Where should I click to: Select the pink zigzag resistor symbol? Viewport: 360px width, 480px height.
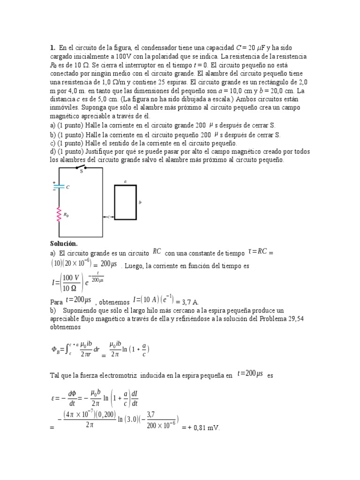click(59, 215)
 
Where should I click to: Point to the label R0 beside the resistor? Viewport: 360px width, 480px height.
click(67, 215)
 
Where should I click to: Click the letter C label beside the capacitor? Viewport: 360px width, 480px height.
click(67, 187)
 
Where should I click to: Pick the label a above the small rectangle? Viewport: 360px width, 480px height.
click(125, 180)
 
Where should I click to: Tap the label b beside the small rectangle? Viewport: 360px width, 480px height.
click(140, 202)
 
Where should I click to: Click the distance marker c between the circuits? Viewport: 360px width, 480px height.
click(108, 217)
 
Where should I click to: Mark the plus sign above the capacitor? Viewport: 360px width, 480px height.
click(54, 181)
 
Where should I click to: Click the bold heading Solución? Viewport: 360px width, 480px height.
click(63, 244)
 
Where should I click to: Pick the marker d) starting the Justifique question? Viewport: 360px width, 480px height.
click(52, 151)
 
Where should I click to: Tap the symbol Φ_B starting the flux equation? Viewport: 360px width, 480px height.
click(54, 349)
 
